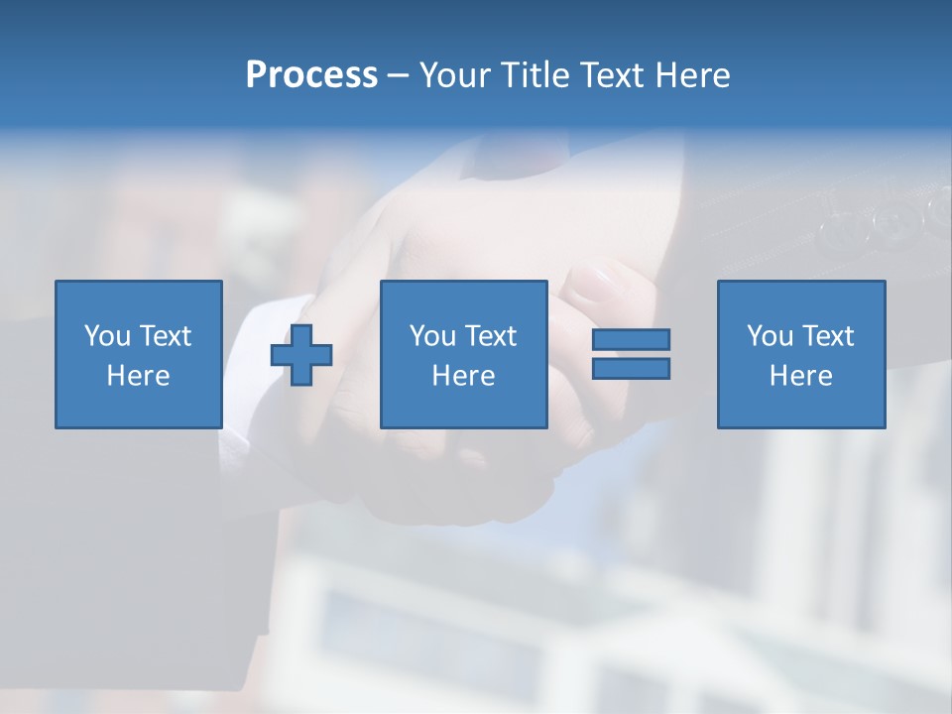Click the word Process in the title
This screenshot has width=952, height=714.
coord(311,75)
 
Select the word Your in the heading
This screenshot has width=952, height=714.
coord(457,75)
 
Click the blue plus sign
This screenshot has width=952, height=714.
coord(301,354)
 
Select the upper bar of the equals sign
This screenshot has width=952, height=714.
coord(631,340)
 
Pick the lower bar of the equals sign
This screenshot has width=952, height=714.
coord(631,368)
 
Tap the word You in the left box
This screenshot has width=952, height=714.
coord(107,336)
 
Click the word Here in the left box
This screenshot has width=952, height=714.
coord(138,376)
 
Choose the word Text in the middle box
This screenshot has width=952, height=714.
coord(490,336)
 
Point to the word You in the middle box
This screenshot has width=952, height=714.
coord(432,336)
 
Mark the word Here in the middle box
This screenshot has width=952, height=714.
coord(463,376)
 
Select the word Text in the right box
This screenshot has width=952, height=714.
coord(827,336)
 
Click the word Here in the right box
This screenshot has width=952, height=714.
coord(800,376)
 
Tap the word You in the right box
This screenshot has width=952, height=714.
coord(770,336)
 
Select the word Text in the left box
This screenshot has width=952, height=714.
coord(165,336)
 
